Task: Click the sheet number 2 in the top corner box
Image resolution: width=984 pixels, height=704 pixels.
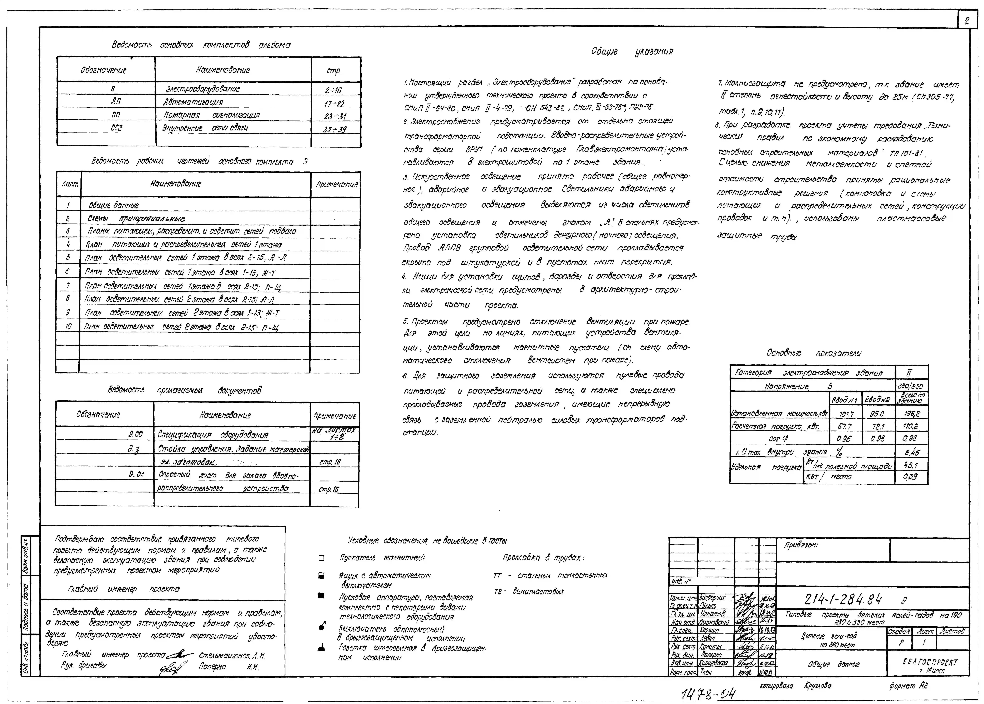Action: [x=966, y=21]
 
